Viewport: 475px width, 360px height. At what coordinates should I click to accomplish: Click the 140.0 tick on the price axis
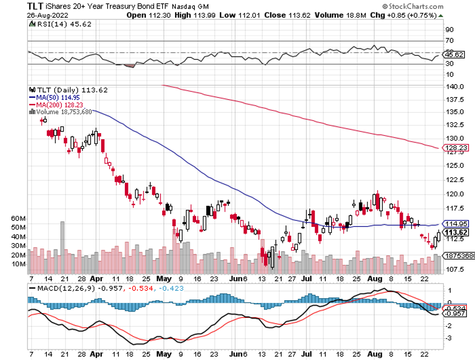[451, 87]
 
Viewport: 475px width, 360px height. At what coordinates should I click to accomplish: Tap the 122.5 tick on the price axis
[451, 180]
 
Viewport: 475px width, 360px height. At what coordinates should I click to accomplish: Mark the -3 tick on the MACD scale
[448, 338]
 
